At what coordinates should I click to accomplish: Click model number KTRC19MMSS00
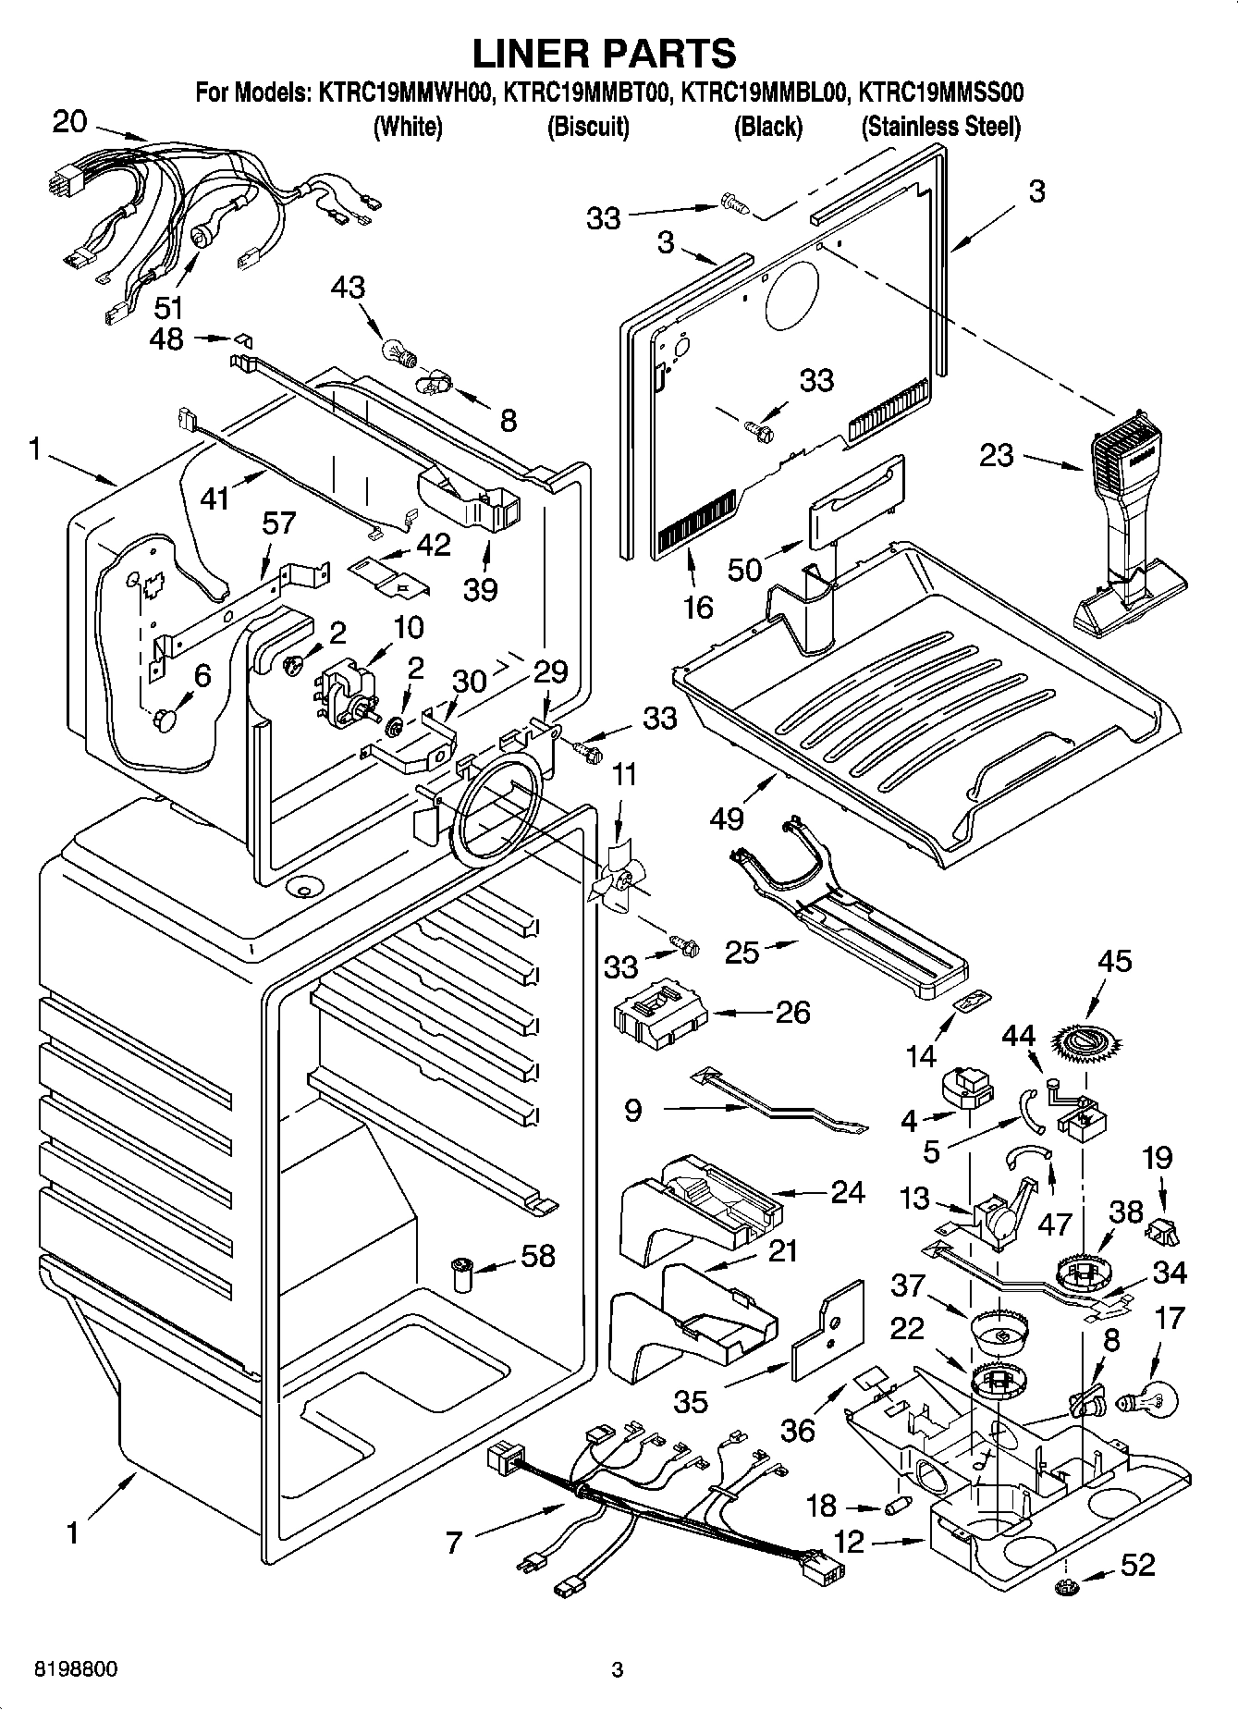(940, 92)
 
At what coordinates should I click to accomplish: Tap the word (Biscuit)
(588, 127)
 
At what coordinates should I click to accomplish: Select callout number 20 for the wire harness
(69, 120)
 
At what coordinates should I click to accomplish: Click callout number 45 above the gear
(1114, 961)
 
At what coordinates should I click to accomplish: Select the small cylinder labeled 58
(461, 1274)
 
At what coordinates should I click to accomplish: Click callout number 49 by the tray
(729, 818)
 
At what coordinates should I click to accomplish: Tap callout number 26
(793, 1012)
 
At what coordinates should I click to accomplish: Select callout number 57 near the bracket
(278, 523)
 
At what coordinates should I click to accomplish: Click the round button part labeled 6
(167, 719)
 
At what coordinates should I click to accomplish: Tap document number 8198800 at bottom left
(75, 1670)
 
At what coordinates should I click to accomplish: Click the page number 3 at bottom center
(618, 1670)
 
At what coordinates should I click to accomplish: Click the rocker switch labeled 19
(1161, 1231)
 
